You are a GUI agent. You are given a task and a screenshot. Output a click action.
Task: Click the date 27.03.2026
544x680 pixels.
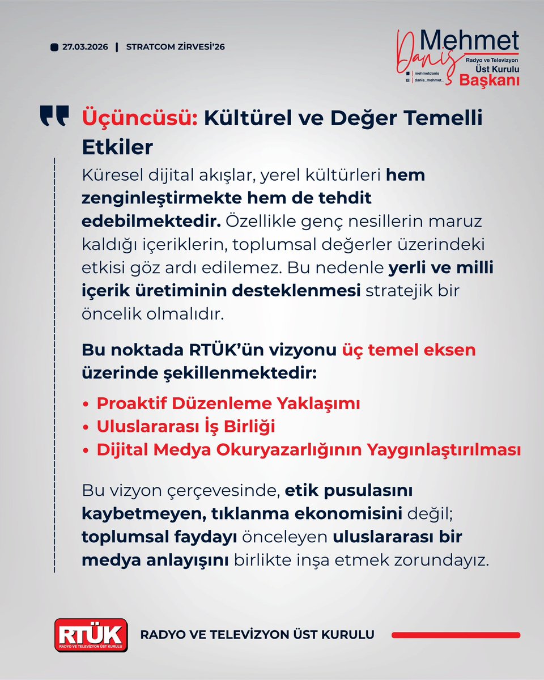point(86,47)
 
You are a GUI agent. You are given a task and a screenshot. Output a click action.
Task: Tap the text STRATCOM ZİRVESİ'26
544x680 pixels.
point(176,47)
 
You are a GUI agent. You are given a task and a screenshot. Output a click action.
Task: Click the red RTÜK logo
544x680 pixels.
point(91,635)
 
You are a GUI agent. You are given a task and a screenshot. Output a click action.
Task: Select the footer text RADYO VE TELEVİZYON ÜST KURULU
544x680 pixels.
point(257,635)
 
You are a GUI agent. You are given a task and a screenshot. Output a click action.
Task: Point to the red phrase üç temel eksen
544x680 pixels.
point(408,350)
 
